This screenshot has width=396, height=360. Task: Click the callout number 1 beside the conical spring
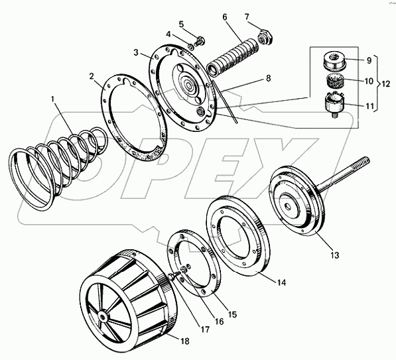pos(53,99)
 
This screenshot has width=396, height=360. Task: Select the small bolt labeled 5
pos(200,41)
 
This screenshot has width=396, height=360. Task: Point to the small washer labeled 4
pos(191,46)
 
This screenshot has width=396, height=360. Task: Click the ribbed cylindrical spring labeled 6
pos(232,57)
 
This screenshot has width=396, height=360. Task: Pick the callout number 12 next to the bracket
pos(385,84)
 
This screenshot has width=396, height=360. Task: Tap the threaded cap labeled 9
pos(334,62)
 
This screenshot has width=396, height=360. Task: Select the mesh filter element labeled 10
pos(334,81)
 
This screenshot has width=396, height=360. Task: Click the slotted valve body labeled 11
pos(334,104)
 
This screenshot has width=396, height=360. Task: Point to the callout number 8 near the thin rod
pos(268,78)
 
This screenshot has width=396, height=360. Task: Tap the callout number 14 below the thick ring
pos(281,282)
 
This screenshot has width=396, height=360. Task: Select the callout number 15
pos(232,314)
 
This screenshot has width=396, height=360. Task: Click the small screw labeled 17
pos(172,276)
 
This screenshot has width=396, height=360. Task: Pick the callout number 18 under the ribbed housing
pos(185,341)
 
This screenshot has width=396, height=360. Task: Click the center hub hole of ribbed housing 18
pos(103,316)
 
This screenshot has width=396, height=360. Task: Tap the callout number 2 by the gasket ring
pos(92,76)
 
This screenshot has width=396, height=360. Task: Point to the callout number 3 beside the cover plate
pos(137,53)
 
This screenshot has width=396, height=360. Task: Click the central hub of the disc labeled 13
pos(289,206)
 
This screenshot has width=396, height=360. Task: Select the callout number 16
pos(219,322)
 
